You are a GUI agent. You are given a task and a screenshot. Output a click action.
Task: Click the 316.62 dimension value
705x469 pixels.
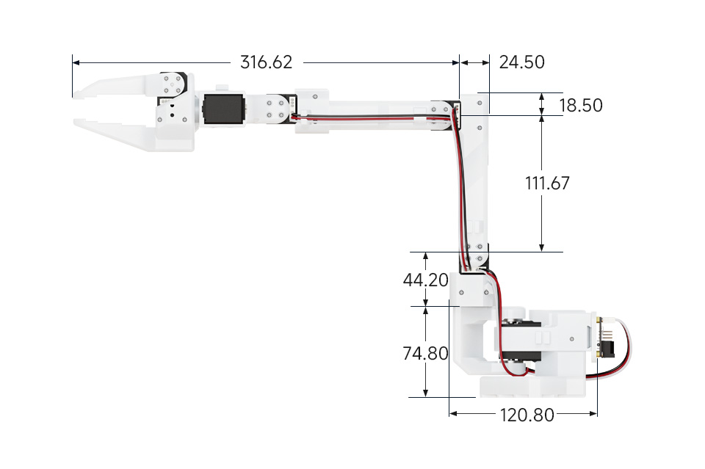point(266,62)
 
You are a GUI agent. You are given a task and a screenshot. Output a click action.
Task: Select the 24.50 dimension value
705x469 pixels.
point(521,62)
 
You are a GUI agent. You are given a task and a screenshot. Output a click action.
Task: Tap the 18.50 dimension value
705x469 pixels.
point(580,106)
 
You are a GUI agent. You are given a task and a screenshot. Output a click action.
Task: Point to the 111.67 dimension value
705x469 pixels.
point(547,183)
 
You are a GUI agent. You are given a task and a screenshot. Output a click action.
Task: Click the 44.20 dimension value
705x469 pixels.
point(425,280)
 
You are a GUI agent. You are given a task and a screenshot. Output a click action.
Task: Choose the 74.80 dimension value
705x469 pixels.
point(425,353)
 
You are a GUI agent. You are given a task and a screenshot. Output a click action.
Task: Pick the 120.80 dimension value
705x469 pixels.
point(527,415)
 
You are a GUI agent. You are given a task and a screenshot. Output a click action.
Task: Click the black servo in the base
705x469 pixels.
point(521,341)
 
